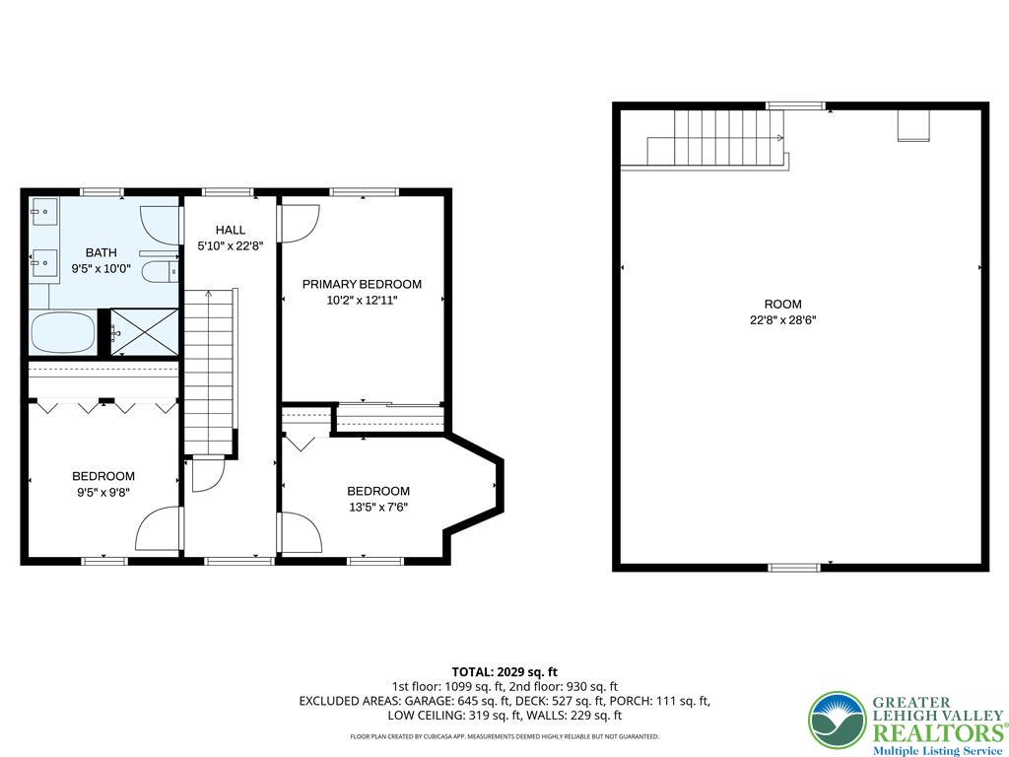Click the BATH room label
(101, 253)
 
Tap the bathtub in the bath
(63, 332)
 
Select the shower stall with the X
(144, 331)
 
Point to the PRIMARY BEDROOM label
(362, 284)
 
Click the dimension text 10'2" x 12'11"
(362, 300)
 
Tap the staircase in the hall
(213, 370)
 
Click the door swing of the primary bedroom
(299, 223)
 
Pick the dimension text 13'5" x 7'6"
(378, 508)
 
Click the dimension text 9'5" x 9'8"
(103, 492)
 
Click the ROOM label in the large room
(782, 304)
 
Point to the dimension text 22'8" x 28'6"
(782, 319)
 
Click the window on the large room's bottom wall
(794, 567)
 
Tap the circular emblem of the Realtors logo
(837, 720)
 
